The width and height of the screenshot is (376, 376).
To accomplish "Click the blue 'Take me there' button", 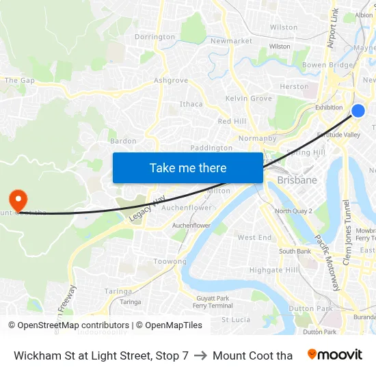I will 188,167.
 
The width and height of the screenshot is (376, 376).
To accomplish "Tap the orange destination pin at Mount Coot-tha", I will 17,200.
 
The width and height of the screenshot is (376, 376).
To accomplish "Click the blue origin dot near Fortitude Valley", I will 358,111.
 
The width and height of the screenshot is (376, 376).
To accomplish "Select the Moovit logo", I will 334,355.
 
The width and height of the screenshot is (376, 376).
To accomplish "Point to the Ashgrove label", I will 171,81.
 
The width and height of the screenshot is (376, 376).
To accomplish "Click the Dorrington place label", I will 155,37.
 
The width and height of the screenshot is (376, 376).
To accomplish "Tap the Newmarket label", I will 231,41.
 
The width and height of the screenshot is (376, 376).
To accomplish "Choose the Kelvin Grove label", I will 248,99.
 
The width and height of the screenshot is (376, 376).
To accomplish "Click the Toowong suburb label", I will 170,262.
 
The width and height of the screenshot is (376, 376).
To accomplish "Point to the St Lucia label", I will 236,319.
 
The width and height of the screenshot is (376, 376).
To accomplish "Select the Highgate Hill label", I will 273,270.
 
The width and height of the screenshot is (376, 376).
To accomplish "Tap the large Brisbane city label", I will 297,180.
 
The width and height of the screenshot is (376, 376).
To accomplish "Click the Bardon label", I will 123,142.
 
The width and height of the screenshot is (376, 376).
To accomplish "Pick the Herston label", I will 294,87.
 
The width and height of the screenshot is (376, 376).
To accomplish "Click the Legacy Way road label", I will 146,209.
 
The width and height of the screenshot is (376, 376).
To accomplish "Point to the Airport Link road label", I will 334,27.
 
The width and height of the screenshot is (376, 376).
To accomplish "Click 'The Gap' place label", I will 19,81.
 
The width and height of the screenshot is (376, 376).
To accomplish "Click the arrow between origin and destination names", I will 200,355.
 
